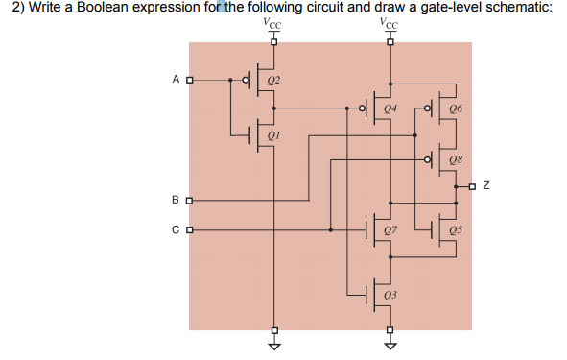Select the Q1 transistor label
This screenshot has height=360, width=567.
(x=273, y=135)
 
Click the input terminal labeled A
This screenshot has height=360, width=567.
(x=188, y=80)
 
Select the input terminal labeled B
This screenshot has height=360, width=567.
(x=188, y=201)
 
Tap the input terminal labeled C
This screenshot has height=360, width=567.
(x=188, y=230)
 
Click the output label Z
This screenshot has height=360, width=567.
(x=487, y=184)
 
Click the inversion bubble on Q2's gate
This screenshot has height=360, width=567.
(x=246, y=80)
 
